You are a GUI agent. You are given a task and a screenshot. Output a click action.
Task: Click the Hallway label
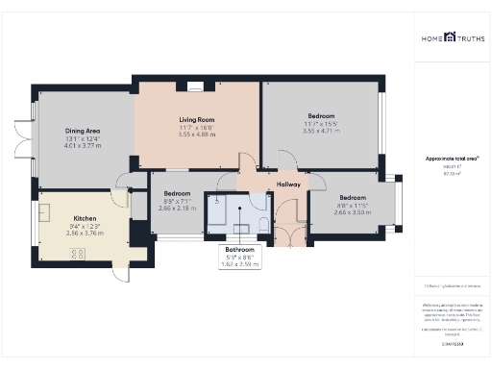(288, 184)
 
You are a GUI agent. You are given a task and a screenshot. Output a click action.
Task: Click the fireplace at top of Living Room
(196, 87)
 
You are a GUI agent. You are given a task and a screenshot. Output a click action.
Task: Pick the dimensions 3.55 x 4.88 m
(195, 135)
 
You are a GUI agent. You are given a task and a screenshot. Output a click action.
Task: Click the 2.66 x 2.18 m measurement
(176, 208)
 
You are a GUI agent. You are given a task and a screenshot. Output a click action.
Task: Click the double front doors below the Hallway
(287, 232)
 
